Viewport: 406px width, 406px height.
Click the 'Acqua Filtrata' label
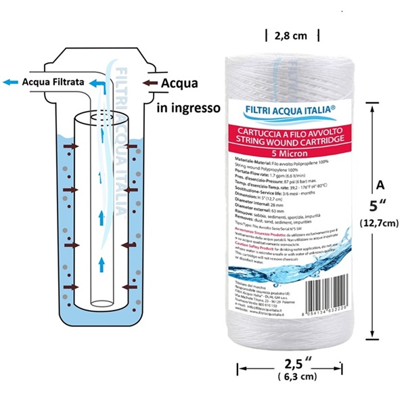53,82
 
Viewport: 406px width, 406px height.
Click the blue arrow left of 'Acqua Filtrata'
10,82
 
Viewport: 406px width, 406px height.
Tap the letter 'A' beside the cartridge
380,183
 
